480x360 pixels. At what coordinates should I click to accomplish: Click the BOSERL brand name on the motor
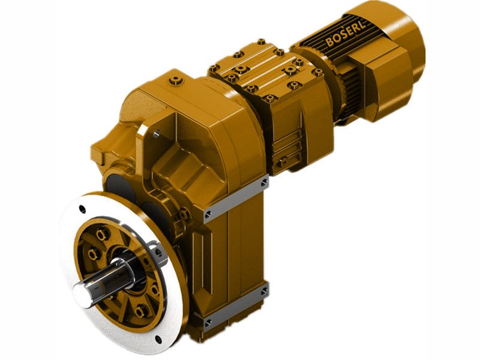pyautogui.click(x=343, y=36)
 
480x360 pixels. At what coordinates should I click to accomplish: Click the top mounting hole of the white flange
pyautogui.click(x=82, y=209)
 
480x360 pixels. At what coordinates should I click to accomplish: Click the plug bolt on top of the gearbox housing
pyautogui.click(x=175, y=79)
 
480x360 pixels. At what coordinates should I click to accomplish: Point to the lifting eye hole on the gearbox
pyautogui.click(x=157, y=128)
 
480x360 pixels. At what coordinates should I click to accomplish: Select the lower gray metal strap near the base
pyautogui.click(x=235, y=307)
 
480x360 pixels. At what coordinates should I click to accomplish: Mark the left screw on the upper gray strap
pyautogui.click(x=208, y=212)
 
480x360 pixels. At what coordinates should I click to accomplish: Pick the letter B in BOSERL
pyautogui.click(x=329, y=43)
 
